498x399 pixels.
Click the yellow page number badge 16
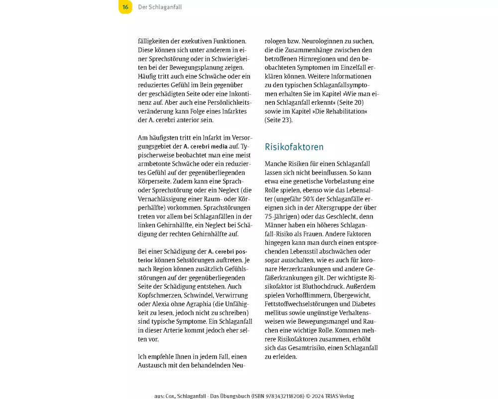click(125, 7)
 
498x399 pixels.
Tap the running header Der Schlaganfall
click(160, 7)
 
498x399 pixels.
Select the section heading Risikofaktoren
click(294, 147)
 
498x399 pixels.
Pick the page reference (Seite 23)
click(278, 120)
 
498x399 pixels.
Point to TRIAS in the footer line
click(328, 396)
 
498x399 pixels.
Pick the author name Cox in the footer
click(170, 396)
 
